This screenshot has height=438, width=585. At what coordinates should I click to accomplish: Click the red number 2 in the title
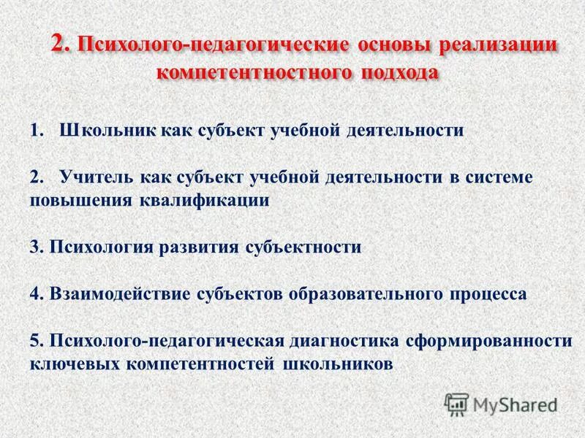(x=60, y=44)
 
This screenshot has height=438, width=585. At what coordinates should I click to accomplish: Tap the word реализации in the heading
(x=499, y=45)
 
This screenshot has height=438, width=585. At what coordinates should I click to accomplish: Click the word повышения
(x=80, y=200)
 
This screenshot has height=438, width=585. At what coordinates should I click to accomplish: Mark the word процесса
(x=482, y=293)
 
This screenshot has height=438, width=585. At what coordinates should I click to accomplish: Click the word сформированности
(x=487, y=340)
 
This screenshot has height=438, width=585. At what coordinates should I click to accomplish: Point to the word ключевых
(x=66, y=363)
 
